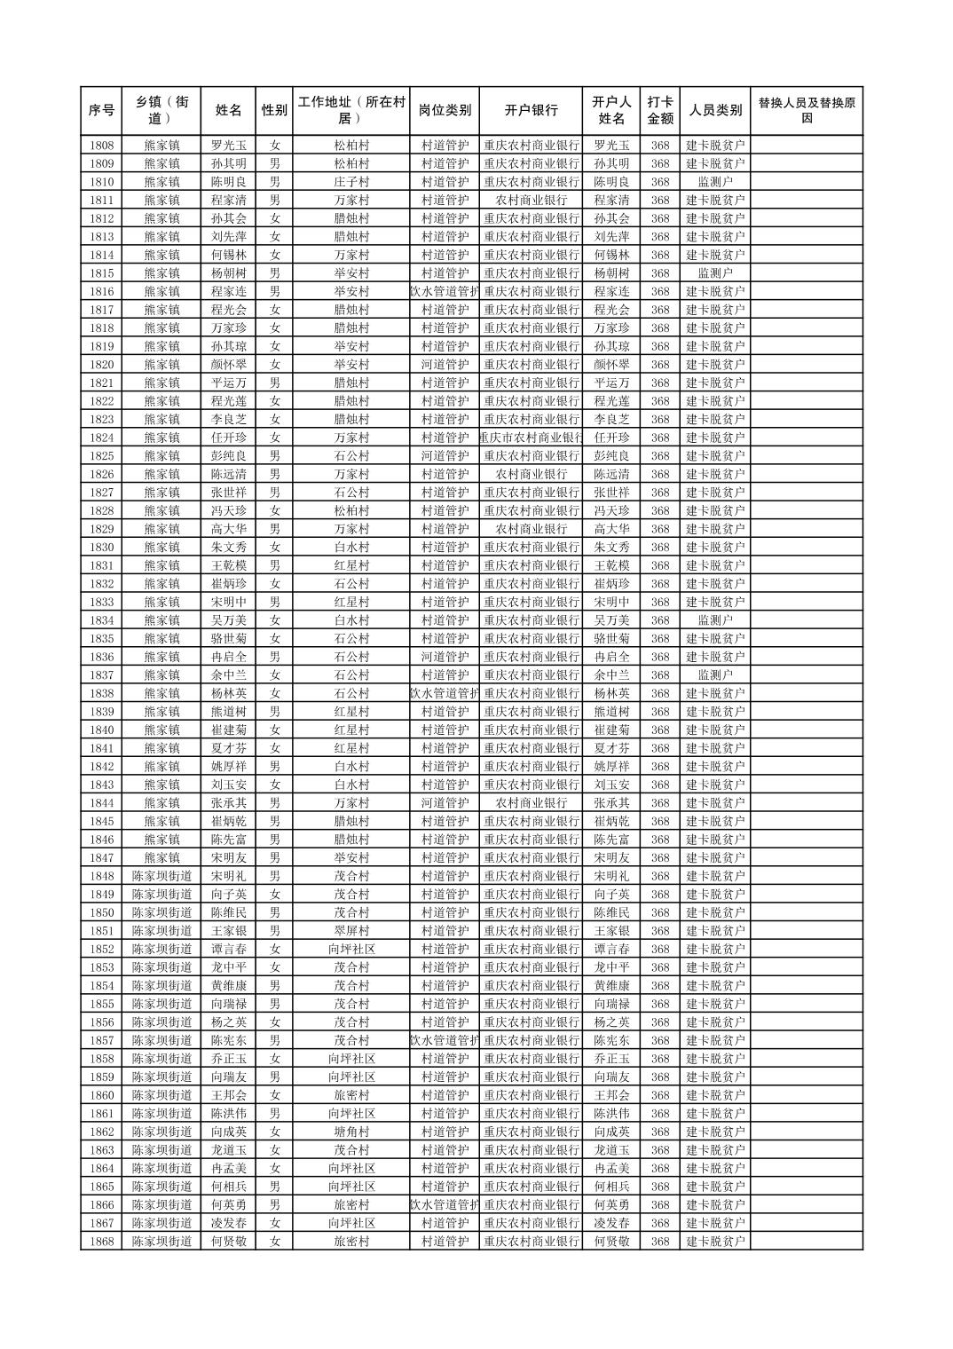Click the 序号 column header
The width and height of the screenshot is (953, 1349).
coord(101,111)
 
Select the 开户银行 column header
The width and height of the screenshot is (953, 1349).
coord(531,111)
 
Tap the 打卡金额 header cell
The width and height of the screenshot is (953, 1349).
coord(659,111)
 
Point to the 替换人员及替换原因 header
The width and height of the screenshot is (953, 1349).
coord(806,111)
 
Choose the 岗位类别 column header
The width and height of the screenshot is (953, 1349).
coord(445,111)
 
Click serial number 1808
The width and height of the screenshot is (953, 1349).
coord(101,146)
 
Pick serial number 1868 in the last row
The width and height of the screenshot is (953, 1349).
coord(101,1242)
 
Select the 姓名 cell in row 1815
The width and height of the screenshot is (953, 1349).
coord(228,273)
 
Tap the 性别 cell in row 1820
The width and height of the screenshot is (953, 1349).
coord(274,365)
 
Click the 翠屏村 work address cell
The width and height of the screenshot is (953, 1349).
coord(351,931)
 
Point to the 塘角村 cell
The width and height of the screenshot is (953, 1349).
coord(351,1132)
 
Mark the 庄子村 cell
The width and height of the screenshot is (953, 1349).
coord(351,182)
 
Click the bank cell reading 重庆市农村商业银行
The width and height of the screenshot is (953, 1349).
coord(531,438)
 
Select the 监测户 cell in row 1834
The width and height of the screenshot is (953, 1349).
coord(715,620)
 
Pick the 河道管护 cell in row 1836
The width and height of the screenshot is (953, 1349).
coord(445,657)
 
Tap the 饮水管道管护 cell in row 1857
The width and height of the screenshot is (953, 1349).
coord(445,1040)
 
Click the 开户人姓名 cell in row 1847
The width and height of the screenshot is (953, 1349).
coord(611,858)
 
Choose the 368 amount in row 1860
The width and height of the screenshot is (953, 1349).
coord(659,1095)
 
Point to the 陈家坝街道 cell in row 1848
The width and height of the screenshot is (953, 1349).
coord(161,876)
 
